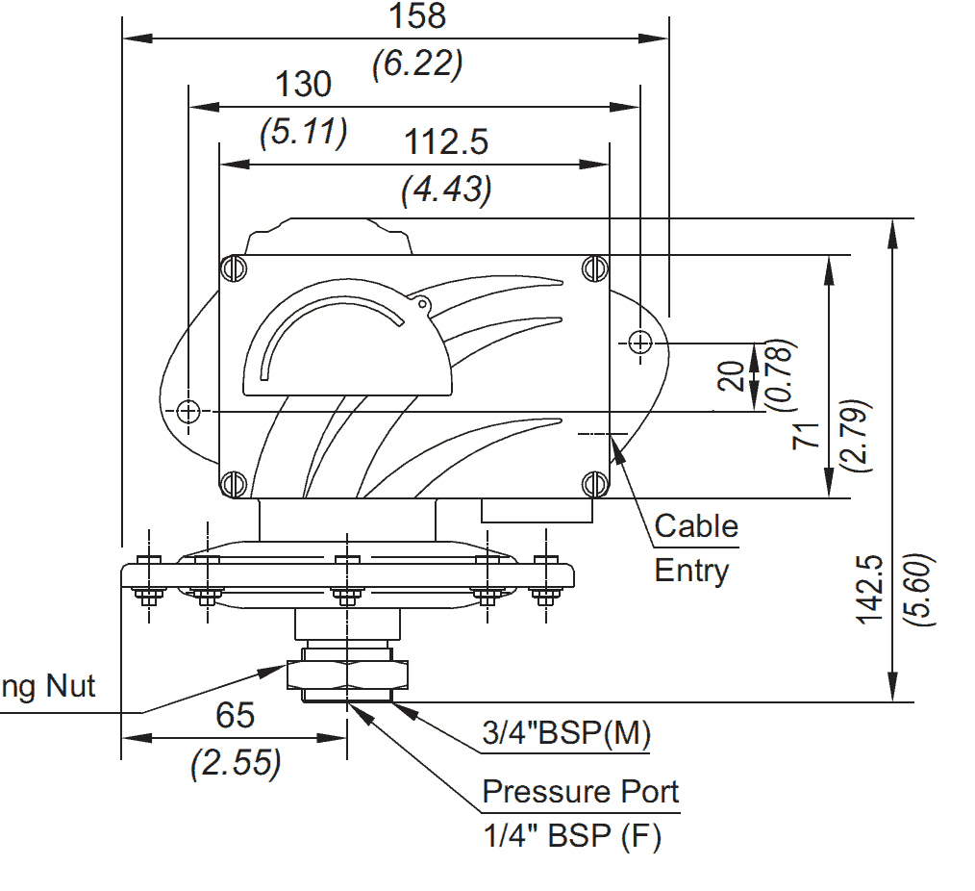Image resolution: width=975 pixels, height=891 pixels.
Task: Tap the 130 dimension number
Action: pos(303,85)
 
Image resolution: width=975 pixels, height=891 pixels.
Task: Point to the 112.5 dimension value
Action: pos(446,142)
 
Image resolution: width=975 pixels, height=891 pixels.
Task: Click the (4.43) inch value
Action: pos(446,189)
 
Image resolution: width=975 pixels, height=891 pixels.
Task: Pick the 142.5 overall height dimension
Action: pos(870,588)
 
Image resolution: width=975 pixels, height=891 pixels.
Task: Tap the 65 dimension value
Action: pos(235,716)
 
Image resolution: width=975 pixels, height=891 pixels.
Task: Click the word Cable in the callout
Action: pos(696,526)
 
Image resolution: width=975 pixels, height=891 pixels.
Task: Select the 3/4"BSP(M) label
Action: pos(566,734)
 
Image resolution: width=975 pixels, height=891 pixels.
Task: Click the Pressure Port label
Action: pos(580,792)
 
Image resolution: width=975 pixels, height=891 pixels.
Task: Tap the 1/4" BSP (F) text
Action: pos(571,836)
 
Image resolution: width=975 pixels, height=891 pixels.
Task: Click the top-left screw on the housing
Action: pos(233,268)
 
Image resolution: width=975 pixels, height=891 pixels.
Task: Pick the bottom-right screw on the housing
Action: pos(595,483)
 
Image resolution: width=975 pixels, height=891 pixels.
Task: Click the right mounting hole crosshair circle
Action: pos(640,341)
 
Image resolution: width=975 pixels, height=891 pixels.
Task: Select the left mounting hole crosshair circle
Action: pos(188,411)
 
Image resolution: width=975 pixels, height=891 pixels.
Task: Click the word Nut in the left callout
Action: pos(74,686)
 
